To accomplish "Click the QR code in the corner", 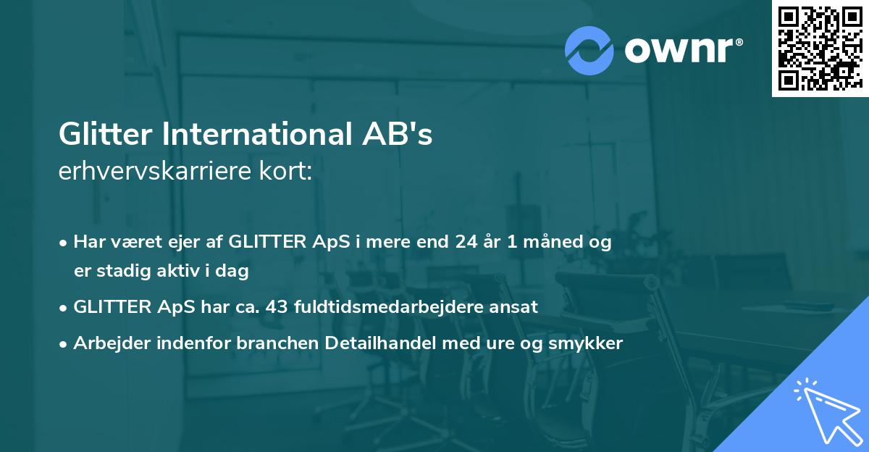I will coord(820,48).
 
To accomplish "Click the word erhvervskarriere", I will coord(167,172).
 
